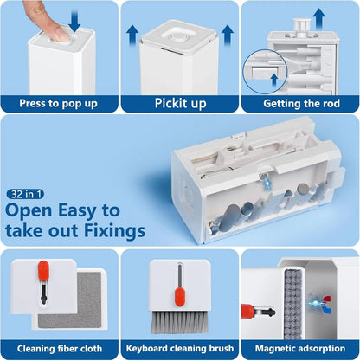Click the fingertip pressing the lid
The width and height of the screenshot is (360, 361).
pos(60,34)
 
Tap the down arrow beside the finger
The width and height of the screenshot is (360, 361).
pos(74,21)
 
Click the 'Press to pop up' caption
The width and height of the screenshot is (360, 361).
pos(58,104)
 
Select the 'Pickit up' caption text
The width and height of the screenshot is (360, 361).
pos(181,103)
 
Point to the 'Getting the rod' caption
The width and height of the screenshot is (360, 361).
pos(301,103)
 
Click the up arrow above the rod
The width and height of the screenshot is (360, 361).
pos(319,19)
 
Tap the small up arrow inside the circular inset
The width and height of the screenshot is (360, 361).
pos(274,80)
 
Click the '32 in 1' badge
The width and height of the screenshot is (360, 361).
pos(25,194)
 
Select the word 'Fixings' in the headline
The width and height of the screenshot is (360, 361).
pos(114,230)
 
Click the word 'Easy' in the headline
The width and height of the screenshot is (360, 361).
pos(77,210)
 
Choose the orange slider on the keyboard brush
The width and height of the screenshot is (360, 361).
pos(180,297)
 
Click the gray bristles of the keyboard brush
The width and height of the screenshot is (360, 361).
pos(179,321)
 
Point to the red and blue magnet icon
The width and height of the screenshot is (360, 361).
pos(327,304)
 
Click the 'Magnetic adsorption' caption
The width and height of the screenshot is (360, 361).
pos(300,349)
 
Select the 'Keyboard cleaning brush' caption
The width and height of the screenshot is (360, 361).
pos(180,349)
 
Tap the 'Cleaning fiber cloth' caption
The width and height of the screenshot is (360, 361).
pos(60,349)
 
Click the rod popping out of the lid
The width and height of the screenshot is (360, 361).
pos(302,27)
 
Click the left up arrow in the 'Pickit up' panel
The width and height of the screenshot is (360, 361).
pos(132,35)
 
